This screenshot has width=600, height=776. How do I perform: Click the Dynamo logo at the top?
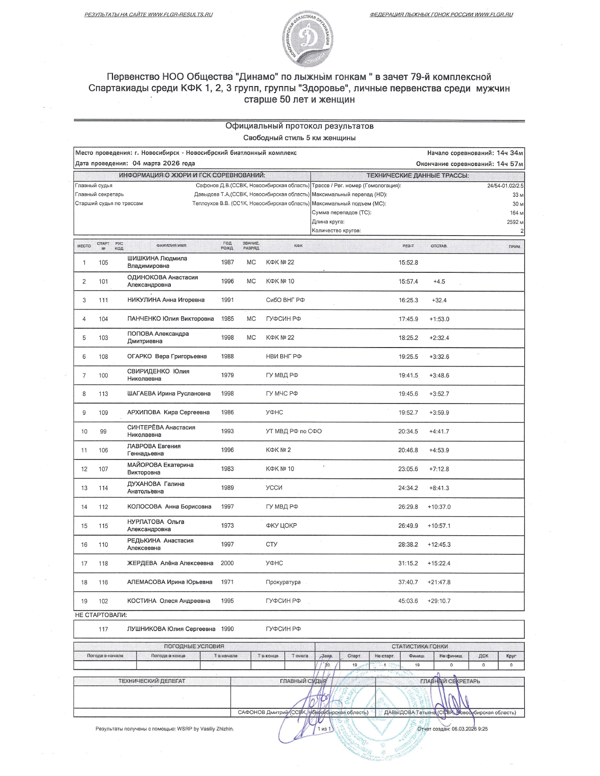[x=308, y=40]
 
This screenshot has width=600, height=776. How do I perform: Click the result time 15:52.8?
[x=408, y=262]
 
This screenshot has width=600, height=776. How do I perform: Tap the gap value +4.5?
[x=439, y=282]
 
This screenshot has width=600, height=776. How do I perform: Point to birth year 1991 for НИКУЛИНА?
[x=227, y=300]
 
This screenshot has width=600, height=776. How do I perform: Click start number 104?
[x=104, y=319]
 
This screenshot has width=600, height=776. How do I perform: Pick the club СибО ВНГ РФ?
[x=285, y=300]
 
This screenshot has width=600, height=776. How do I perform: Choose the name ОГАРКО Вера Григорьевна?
[x=167, y=356]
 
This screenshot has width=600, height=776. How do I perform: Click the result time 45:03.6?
[x=408, y=601]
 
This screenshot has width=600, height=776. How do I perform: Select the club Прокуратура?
[x=283, y=582]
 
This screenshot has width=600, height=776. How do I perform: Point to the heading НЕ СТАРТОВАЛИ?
[x=101, y=615]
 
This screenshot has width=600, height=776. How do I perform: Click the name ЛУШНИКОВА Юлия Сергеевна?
[x=171, y=629]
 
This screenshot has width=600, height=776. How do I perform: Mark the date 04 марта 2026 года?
[x=164, y=164]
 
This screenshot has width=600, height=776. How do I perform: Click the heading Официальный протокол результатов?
[x=299, y=126]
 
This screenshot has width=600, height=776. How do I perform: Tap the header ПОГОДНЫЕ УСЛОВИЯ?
[x=194, y=646]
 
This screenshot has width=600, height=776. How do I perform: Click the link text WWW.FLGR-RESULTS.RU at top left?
[x=180, y=15]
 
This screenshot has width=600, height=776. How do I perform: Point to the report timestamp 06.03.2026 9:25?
[x=469, y=729]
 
